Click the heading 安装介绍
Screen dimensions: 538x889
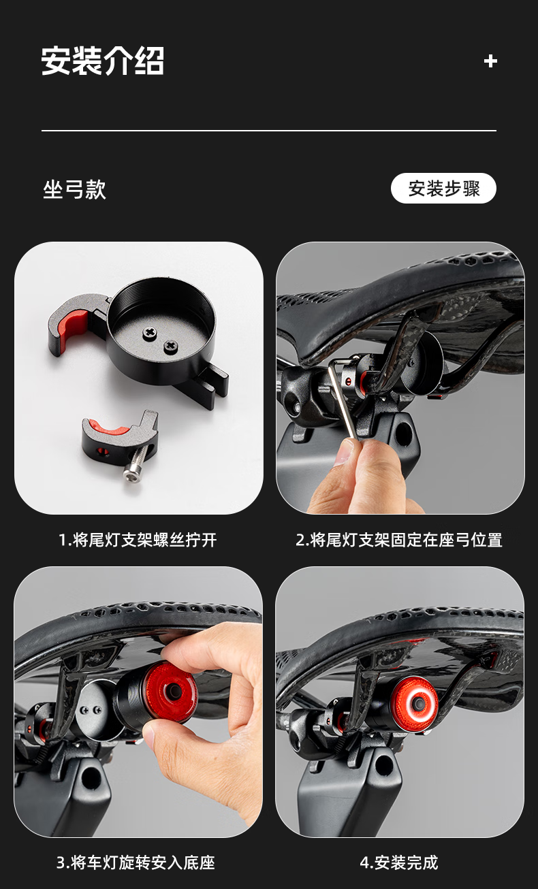pyautogui.click(x=102, y=61)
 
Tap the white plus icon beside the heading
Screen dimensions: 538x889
pyautogui.click(x=490, y=61)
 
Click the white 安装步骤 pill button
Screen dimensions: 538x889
pyautogui.click(x=443, y=188)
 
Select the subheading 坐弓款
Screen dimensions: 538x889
pyautogui.click(x=75, y=189)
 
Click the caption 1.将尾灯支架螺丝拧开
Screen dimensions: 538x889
pyautogui.click(x=138, y=540)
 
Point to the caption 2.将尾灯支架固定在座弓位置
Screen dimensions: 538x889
pyautogui.click(x=399, y=540)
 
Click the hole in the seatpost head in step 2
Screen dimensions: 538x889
pyautogui.click(x=403, y=434)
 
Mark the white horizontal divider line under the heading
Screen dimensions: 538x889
pyautogui.click(x=269, y=130)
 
